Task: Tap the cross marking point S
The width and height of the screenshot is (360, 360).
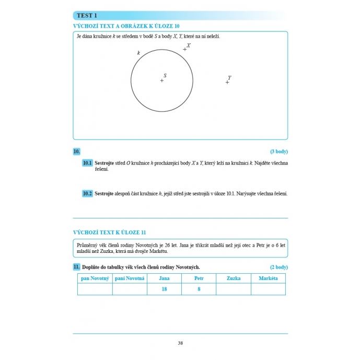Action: [161, 80]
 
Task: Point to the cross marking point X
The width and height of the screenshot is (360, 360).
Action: [184, 49]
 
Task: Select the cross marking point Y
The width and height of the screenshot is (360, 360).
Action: [227, 82]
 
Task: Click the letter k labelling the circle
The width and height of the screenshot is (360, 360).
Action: [138, 53]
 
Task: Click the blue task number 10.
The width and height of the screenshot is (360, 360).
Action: [76, 152]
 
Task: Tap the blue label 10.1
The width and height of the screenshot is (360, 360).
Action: [87, 164]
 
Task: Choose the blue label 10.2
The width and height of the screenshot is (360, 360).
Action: [87, 194]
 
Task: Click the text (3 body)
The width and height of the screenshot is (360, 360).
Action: [278, 152]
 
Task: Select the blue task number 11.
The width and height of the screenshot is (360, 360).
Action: [76, 267]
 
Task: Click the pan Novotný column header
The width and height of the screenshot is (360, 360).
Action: [95, 278]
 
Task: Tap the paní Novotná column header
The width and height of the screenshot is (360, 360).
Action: [130, 278]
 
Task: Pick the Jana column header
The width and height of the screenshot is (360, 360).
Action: [164, 278]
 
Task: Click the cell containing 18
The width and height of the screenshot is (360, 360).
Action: [164, 289]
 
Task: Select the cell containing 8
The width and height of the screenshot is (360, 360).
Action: [199, 289]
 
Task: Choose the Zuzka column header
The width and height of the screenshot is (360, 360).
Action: [234, 278]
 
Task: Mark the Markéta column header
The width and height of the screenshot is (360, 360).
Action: [269, 278]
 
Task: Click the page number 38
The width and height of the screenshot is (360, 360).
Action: [180, 343]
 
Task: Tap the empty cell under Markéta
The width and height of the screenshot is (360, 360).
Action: [269, 289]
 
